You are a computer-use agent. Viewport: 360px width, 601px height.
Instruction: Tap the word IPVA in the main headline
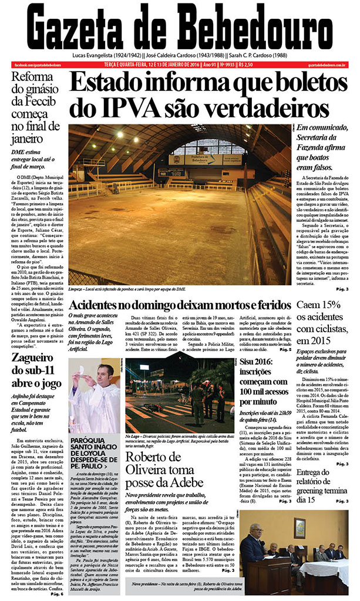click(139, 108)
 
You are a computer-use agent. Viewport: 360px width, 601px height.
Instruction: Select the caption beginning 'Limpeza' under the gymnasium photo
click(129, 289)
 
